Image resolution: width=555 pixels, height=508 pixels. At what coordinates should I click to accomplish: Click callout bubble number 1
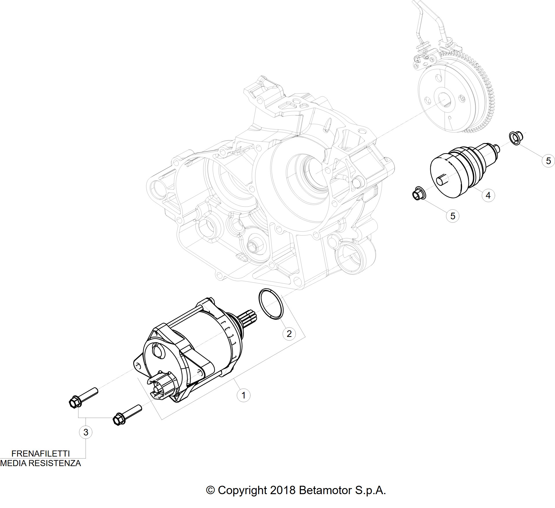pyautogui.click(x=243, y=395)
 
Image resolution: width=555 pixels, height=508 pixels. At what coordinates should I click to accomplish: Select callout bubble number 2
pyautogui.click(x=289, y=334)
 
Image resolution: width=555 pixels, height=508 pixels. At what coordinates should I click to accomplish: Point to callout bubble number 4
pyautogui.click(x=488, y=196)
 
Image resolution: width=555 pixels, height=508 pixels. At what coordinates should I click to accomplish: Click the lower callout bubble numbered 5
pyautogui.click(x=453, y=216)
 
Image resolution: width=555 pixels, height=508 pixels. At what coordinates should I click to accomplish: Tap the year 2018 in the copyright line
pyautogui.click(x=283, y=490)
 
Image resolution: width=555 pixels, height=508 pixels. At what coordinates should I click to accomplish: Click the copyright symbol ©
pyautogui.click(x=211, y=490)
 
